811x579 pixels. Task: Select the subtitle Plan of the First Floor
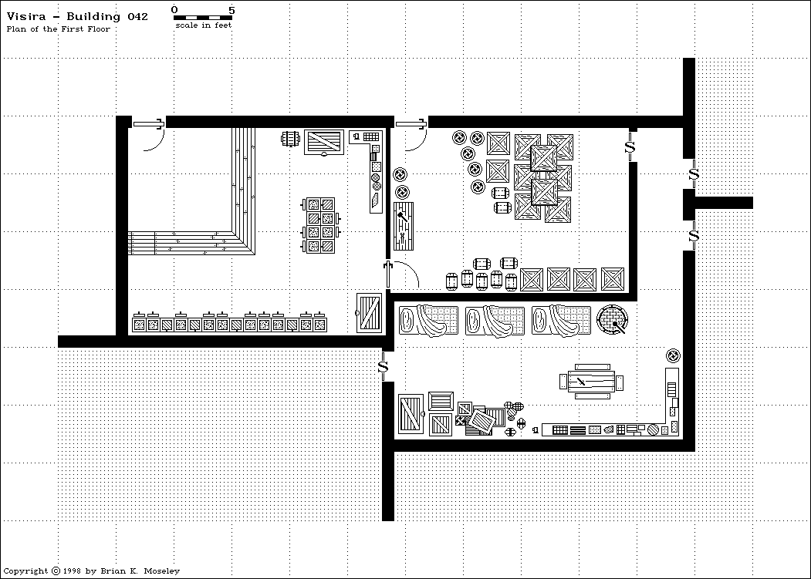click(59, 29)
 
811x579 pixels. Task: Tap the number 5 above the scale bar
click(232, 9)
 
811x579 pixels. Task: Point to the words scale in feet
click(203, 25)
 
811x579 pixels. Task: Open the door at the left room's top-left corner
click(147, 123)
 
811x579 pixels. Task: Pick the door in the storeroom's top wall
click(410, 123)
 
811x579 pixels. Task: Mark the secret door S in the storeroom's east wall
click(630, 145)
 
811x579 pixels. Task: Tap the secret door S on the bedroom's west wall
click(383, 367)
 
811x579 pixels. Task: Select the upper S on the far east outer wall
click(693, 174)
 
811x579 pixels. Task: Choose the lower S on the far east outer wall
click(693, 235)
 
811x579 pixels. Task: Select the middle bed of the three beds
click(495, 320)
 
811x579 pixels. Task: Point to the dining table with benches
click(592, 382)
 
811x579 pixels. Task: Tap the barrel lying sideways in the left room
click(291, 139)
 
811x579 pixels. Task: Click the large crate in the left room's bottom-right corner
click(370, 313)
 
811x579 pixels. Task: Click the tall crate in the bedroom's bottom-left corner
click(411, 416)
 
